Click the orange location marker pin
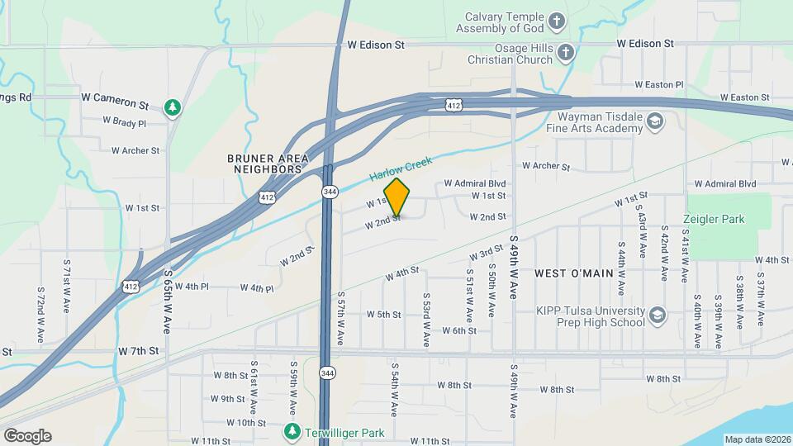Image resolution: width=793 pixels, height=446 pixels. tap(397, 197)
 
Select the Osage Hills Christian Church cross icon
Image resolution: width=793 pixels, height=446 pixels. tap(565, 54)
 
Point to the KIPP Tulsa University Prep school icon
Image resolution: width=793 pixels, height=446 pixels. tap(657, 315)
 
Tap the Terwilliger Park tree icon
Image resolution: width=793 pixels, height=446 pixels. tap(292, 431)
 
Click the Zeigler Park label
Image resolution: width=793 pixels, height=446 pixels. tap(714, 220)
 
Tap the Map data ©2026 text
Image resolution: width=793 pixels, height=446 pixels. tap(757, 439)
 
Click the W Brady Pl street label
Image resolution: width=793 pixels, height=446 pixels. tap(124, 122)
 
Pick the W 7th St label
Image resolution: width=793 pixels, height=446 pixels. tap(138, 351)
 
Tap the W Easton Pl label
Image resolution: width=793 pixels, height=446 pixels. tap(658, 84)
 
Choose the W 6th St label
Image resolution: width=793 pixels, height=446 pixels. tap(459, 330)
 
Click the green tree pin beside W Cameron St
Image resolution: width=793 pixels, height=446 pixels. tap(172, 107)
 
